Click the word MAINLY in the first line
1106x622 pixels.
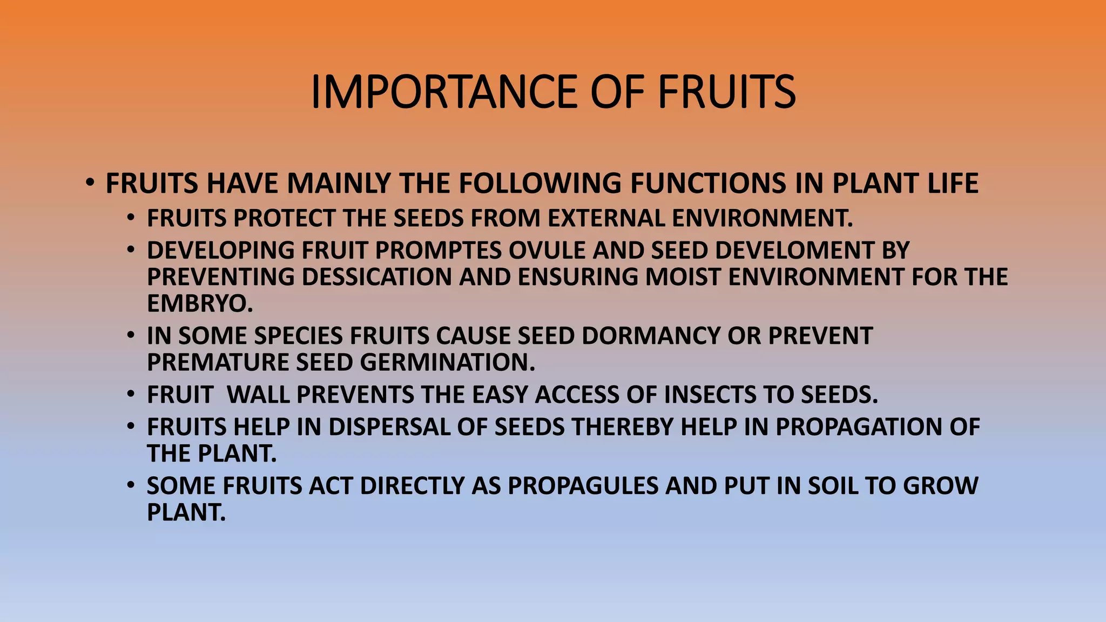pyautogui.click(x=339, y=183)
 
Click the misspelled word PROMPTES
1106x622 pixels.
pyautogui.click(x=438, y=251)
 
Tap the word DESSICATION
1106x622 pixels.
pyautogui.click(x=376, y=277)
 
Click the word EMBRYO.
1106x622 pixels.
pyautogui.click(x=199, y=303)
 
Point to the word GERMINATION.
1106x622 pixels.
pyautogui.click(x=447, y=362)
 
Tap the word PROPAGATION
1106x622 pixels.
pyautogui.click(x=859, y=427)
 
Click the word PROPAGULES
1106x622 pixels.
pyautogui.click(x=583, y=486)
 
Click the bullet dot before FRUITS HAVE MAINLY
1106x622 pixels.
pyautogui.click(x=90, y=182)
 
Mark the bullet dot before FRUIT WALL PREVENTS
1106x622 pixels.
pyautogui.click(x=131, y=395)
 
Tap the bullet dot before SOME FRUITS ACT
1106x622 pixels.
pyautogui.click(x=131, y=485)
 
